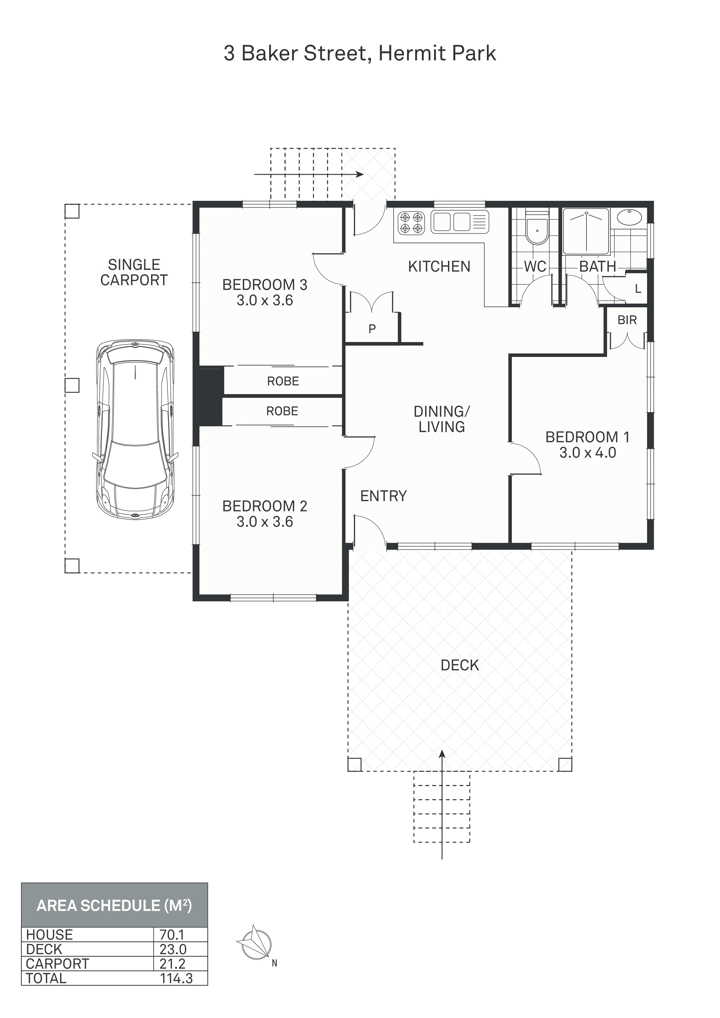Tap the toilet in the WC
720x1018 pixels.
(x=536, y=228)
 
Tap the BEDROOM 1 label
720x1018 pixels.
(x=587, y=437)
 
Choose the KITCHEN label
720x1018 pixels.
(x=439, y=266)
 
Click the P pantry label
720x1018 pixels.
(x=372, y=328)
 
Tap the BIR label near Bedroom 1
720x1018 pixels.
(x=627, y=320)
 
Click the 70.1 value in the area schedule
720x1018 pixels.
(x=172, y=935)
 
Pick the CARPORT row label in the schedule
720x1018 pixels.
(x=57, y=964)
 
